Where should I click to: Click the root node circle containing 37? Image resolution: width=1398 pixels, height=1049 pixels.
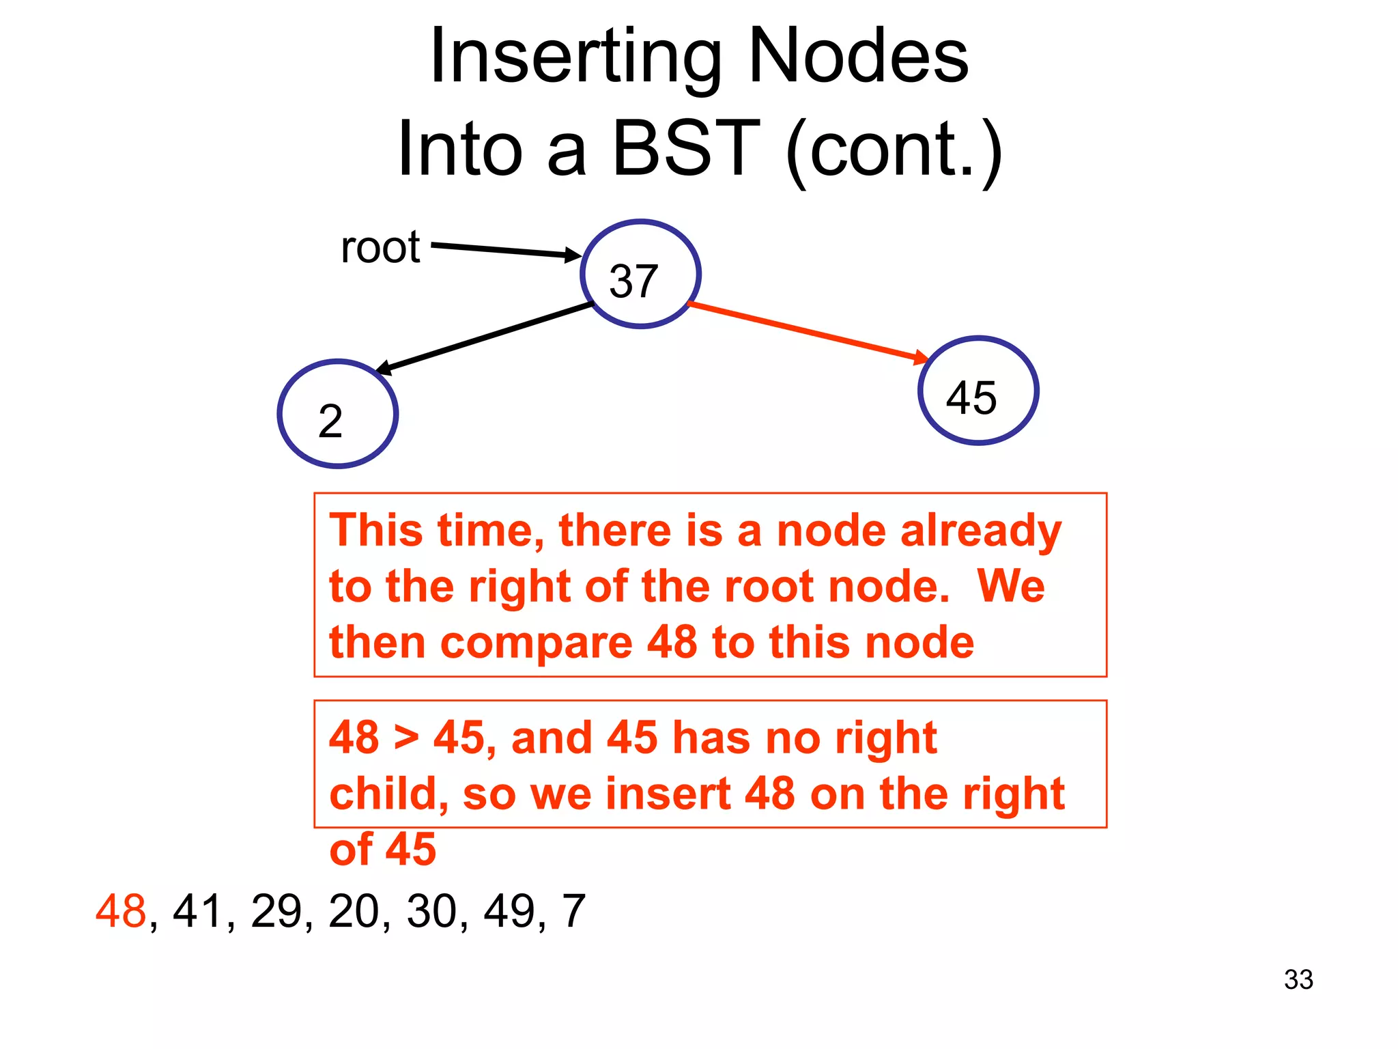click(x=640, y=274)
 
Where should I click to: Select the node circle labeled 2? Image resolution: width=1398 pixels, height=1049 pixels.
click(x=338, y=414)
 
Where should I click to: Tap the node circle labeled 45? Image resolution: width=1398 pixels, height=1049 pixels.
click(x=978, y=391)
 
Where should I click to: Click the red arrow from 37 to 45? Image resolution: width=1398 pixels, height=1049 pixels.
click(x=805, y=331)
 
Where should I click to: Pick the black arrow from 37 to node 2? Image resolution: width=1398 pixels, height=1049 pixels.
click(x=485, y=338)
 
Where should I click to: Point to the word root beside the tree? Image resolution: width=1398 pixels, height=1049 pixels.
click(x=380, y=247)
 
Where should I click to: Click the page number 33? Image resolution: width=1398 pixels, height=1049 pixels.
click(x=1298, y=979)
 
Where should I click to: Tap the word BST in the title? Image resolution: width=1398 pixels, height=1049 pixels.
click(x=685, y=148)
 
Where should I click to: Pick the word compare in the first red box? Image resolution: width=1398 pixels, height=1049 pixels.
click(x=537, y=644)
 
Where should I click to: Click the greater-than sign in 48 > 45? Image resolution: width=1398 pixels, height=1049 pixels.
click(x=406, y=738)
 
